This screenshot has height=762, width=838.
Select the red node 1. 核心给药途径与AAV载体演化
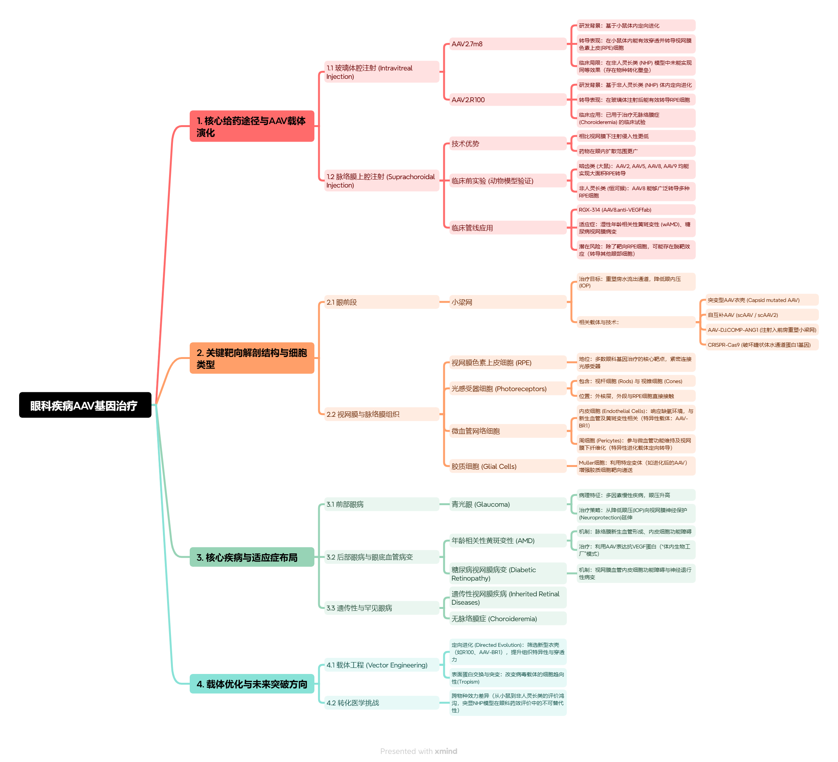252,126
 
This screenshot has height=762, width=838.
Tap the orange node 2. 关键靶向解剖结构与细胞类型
252,358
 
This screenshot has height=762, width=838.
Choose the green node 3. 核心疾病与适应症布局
252,557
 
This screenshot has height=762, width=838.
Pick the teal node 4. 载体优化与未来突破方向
252,684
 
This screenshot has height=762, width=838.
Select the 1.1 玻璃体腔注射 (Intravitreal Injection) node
381,72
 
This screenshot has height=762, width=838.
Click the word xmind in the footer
446,751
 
